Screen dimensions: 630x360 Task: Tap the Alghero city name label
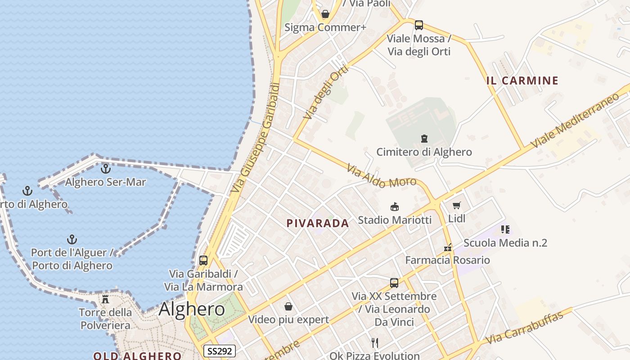click(x=192, y=309)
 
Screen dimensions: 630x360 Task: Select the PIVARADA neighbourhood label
click(x=318, y=223)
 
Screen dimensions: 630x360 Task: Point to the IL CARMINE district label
click(x=522, y=81)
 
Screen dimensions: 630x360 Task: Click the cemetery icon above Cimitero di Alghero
click(x=424, y=138)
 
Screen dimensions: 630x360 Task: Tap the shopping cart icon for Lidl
click(x=457, y=206)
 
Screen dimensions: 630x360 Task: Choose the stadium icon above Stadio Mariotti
click(x=395, y=207)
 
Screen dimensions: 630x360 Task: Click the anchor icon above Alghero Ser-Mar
click(x=106, y=169)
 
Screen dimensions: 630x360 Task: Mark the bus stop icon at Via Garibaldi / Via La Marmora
click(x=203, y=261)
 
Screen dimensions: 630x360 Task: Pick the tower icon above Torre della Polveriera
click(x=105, y=299)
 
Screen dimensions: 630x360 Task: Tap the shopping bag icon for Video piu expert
click(x=288, y=306)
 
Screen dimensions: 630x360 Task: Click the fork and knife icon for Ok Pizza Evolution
click(x=375, y=343)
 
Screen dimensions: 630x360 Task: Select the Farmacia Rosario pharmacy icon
click(x=447, y=247)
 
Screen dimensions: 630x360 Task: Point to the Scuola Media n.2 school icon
click(x=505, y=230)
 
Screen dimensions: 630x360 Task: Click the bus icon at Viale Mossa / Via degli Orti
click(x=419, y=25)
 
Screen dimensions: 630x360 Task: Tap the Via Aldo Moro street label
click(x=381, y=176)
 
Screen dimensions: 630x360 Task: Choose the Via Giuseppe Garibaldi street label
click(x=255, y=138)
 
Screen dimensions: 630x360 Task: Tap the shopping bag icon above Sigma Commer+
click(x=325, y=14)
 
